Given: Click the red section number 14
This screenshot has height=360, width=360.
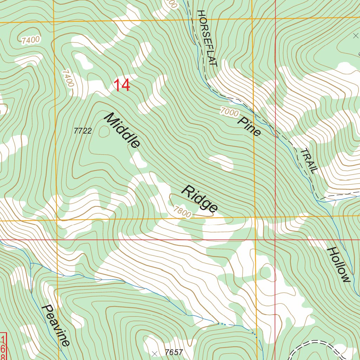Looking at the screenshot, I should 122,85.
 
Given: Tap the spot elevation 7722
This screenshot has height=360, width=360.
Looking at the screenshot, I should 83,131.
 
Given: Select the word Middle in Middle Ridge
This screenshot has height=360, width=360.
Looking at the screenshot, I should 122,130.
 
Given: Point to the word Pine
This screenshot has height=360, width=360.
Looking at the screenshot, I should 250,126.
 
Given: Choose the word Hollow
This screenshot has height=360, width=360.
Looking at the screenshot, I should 339,264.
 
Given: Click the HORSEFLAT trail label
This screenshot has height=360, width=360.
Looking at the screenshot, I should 207,38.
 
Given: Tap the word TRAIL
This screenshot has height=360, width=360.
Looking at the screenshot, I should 309,161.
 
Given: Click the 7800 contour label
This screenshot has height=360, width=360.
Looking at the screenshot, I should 182,212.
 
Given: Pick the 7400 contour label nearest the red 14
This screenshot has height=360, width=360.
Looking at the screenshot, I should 68,78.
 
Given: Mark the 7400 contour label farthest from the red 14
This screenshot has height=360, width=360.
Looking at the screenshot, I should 30,40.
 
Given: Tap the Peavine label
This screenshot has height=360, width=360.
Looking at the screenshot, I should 56,325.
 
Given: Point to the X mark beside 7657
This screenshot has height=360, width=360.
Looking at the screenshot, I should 154,353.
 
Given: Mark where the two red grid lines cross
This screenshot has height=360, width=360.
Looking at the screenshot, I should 275,240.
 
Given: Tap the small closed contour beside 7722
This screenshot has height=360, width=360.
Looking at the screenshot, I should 104,132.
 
